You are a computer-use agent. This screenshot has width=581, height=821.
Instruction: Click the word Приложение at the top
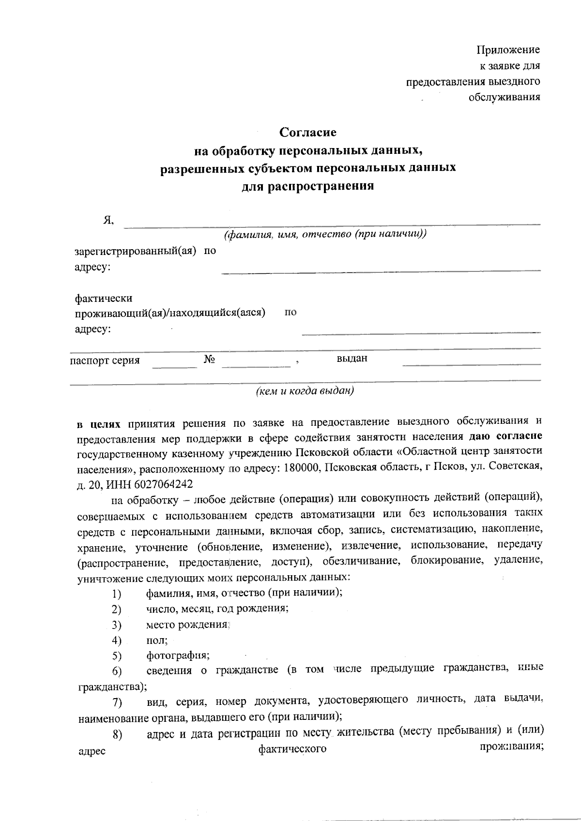508,50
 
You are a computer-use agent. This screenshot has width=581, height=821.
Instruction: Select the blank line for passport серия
174,364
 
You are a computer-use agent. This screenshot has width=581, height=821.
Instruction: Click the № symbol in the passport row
209,359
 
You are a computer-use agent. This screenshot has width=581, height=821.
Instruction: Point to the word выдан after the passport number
352,358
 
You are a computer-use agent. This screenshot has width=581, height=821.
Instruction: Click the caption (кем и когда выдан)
305,391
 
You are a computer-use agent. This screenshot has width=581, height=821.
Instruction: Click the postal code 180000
302,468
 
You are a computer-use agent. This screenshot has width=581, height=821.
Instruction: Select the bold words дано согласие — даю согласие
505,436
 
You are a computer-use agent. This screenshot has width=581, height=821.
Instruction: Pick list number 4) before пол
116,641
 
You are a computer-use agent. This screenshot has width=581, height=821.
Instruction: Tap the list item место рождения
187,625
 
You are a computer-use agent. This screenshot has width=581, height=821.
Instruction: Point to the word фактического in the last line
292,749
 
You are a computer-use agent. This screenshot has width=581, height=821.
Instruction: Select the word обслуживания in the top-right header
504,97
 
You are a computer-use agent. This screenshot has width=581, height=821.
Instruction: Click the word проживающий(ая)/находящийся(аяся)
170,313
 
